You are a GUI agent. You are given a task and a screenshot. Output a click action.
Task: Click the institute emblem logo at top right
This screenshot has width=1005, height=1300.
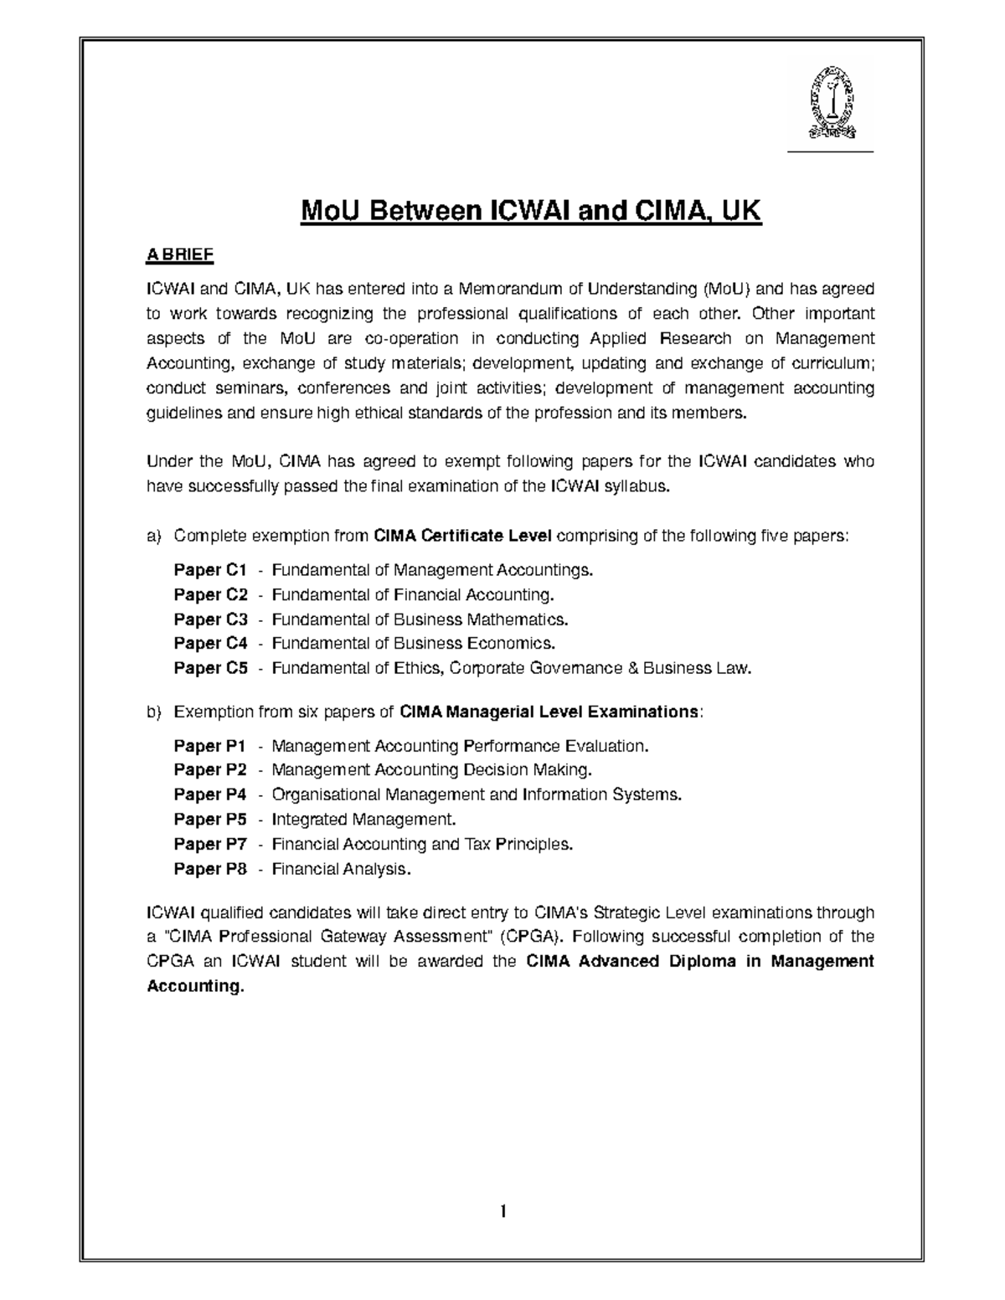(x=832, y=103)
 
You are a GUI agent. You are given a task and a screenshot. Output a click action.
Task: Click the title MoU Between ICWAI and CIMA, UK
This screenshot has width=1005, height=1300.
(x=532, y=211)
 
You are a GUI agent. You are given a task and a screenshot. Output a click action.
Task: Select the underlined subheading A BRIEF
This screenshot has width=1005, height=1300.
(x=180, y=254)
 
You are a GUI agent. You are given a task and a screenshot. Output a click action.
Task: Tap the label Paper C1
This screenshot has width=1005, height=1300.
(x=210, y=570)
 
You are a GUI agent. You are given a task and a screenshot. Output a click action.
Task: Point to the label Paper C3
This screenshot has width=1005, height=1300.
(x=210, y=619)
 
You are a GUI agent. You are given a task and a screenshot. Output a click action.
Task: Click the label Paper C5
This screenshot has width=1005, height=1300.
(x=210, y=668)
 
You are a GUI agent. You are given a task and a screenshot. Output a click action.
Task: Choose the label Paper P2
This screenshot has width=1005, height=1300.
(x=210, y=769)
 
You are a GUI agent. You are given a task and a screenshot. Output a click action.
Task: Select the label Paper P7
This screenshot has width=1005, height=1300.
(x=210, y=844)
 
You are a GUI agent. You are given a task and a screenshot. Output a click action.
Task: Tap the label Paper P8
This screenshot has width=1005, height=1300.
(x=210, y=869)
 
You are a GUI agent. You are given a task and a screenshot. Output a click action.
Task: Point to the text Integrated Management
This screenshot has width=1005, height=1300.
(x=364, y=819)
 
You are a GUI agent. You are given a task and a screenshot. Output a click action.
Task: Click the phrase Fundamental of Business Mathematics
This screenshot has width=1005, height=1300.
(x=420, y=619)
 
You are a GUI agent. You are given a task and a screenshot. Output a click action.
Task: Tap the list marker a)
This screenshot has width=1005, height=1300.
(x=153, y=536)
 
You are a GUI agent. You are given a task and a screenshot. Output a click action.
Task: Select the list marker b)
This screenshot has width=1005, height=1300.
(x=153, y=712)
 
